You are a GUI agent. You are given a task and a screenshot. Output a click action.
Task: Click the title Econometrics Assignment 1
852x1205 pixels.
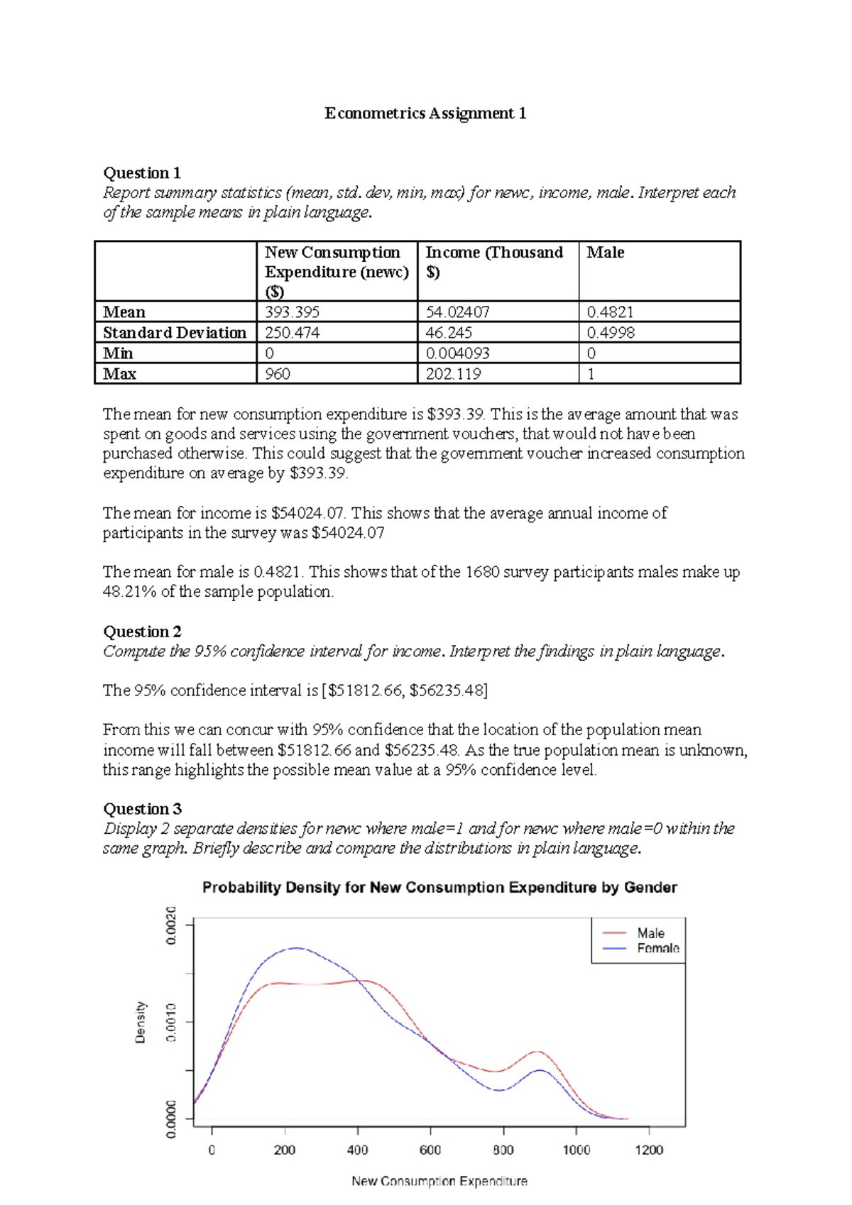pos(425,114)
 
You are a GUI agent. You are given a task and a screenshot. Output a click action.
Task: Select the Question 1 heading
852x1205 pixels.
pos(142,173)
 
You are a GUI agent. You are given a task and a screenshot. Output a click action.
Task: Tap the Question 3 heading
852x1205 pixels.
pos(142,809)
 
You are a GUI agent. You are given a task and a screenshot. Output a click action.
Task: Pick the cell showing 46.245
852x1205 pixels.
pos(449,333)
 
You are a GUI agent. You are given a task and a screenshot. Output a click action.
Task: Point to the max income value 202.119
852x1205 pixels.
pos(453,374)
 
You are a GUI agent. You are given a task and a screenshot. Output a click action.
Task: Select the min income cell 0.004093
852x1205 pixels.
pos(457,353)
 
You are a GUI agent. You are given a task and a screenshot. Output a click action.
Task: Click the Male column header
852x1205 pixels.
pos(605,253)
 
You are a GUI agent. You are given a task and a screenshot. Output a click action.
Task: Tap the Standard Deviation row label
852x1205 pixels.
pos(175,333)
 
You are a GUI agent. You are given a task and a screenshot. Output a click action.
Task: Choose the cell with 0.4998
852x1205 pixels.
pos(611,333)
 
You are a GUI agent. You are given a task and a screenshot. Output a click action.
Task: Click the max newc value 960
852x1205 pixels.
pos(278,374)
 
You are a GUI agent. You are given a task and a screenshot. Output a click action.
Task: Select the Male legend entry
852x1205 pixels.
pos(650,933)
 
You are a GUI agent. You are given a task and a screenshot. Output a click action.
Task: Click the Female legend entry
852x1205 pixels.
pos(657,949)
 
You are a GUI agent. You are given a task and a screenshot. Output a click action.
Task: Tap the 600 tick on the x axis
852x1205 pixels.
pos(430,1150)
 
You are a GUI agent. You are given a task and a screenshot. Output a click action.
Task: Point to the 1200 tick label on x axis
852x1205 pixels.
pos(649,1150)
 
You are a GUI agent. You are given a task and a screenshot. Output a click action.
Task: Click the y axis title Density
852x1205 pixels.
pos(141,1023)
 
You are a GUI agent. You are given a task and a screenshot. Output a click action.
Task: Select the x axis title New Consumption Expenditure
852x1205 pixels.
pos(439,1181)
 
